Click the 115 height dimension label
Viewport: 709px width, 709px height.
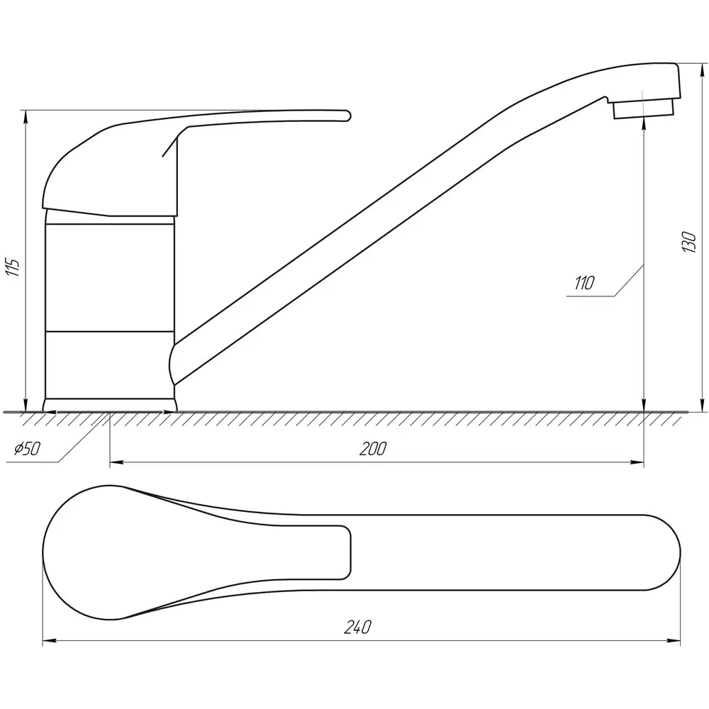click(12, 268)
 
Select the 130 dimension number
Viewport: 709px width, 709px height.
click(688, 242)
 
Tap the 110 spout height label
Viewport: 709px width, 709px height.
click(584, 284)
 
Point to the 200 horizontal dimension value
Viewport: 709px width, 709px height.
click(373, 449)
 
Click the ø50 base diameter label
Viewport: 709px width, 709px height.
click(27, 449)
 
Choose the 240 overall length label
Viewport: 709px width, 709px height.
click(357, 627)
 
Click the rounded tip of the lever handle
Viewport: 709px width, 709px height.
click(347, 116)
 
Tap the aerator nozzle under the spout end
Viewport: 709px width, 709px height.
click(643, 108)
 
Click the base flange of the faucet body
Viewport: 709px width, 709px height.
click(110, 405)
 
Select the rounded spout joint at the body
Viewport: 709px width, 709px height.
click(172, 364)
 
